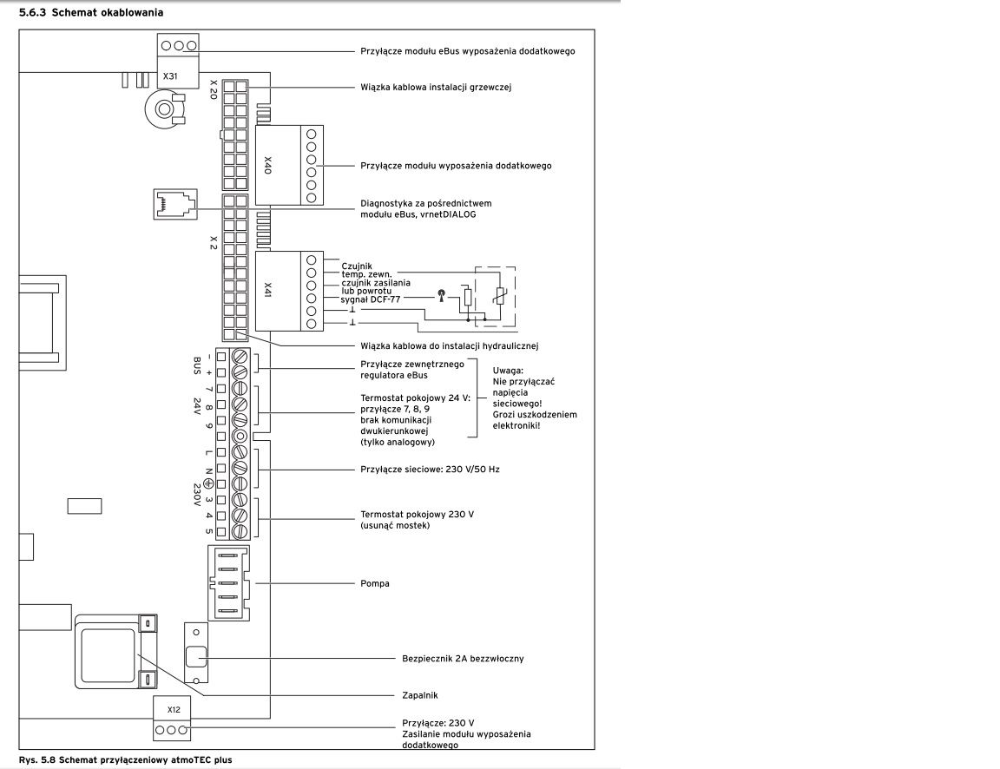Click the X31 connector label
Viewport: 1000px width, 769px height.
170,76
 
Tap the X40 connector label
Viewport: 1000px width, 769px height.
268,165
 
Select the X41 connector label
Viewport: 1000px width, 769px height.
268,290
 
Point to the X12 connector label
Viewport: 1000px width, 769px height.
174,710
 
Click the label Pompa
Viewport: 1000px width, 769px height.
375,583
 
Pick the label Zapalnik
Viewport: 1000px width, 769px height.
419,696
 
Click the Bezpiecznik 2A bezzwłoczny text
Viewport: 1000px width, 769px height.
463,659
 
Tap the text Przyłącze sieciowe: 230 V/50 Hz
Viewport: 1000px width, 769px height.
430,470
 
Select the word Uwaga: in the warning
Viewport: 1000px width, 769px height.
509,371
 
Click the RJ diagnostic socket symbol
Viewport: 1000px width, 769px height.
174,204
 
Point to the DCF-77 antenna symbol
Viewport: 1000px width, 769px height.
441,296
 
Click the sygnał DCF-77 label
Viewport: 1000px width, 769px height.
371,299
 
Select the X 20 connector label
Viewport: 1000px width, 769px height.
214,89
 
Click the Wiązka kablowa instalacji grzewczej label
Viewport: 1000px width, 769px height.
436,88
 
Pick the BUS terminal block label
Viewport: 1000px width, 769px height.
197,365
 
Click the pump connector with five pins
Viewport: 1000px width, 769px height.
228,583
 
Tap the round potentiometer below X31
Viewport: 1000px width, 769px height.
165,109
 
